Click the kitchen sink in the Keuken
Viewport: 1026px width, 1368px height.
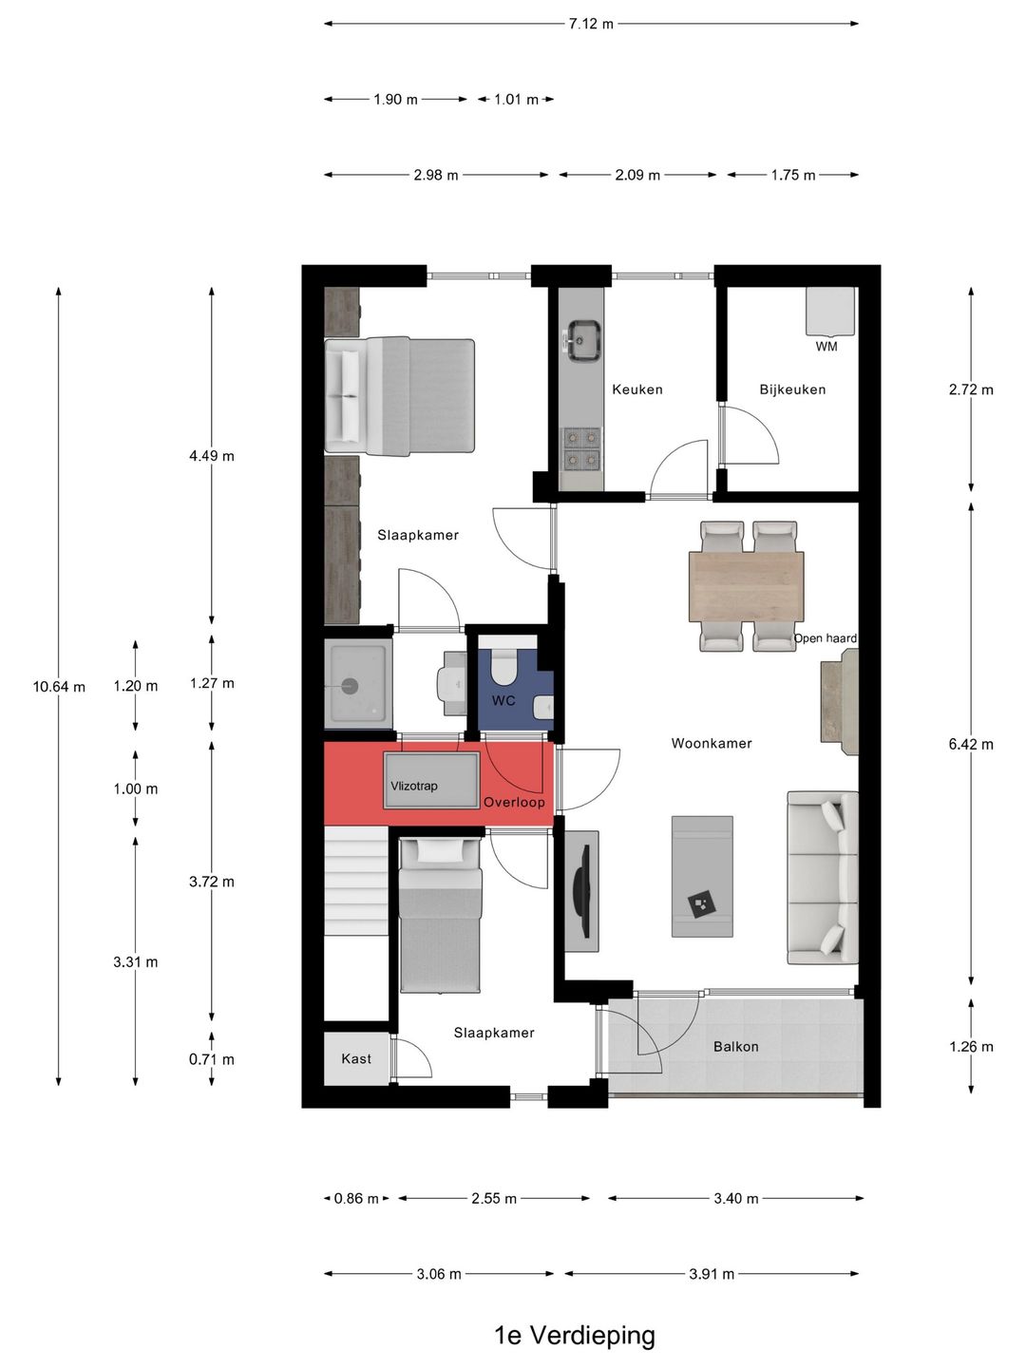pos(582,341)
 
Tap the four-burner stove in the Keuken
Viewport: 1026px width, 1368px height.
pos(581,449)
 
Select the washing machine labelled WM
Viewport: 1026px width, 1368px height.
pos(830,312)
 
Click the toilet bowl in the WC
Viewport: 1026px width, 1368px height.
pos(503,665)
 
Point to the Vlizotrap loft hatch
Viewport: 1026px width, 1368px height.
pos(431,780)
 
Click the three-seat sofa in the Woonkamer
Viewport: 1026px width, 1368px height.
pos(823,878)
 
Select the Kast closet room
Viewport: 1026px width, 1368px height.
pos(356,1059)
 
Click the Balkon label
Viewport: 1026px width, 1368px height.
pos(735,1046)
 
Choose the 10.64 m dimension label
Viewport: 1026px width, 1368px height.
pos(59,687)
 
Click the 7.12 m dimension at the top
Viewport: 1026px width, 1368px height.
pos(591,24)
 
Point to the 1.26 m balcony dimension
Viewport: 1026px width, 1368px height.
pos(971,1046)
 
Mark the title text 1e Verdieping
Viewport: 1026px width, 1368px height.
pos(575,1335)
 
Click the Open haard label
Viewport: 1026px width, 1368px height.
pos(825,638)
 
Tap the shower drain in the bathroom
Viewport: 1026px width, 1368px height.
pos(351,686)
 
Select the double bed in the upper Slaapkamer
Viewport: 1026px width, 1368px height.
pos(399,396)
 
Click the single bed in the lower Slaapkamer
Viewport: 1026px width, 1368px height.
pos(440,915)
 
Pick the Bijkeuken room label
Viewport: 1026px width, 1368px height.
pos(792,389)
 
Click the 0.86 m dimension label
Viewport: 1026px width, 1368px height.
pos(356,1198)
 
